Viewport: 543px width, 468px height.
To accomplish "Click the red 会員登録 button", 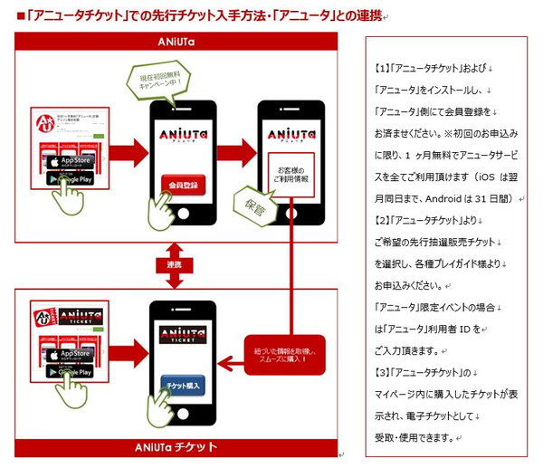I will (183, 186).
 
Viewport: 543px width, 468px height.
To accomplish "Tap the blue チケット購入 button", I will (183, 385).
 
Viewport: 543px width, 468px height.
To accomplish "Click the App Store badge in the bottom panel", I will (70, 354).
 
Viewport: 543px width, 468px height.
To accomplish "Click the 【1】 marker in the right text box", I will (380, 69).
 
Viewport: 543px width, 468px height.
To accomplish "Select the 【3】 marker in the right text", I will (380, 373).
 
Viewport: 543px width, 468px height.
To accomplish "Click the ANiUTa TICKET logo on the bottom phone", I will (183, 334).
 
